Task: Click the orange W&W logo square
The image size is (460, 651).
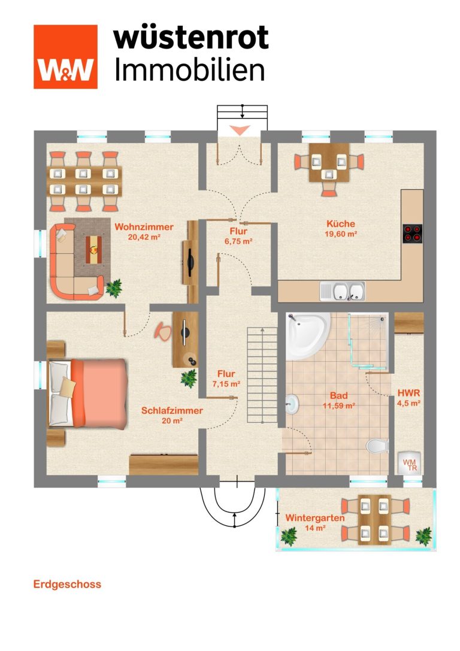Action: tap(66, 57)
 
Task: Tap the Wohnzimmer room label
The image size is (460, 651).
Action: tap(144, 227)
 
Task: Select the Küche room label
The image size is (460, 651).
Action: tap(341, 224)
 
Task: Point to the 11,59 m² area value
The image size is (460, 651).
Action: tap(339, 406)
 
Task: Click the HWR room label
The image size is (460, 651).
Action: tap(409, 393)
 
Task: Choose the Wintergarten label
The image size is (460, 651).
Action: tap(315, 518)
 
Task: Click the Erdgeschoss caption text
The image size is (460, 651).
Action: tap(67, 585)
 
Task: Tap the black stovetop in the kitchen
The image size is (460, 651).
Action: tap(412, 234)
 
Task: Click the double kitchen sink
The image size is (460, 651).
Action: tap(343, 291)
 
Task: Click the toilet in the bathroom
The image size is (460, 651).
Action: tap(377, 446)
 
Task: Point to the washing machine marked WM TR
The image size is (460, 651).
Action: tap(409, 463)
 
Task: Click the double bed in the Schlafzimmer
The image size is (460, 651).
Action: tap(87, 393)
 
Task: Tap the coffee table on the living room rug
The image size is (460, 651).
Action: tap(94, 249)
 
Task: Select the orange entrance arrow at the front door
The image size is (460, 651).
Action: tap(240, 130)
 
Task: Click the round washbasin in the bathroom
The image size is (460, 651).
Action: tap(292, 404)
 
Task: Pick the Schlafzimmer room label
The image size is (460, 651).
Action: tap(172, 411)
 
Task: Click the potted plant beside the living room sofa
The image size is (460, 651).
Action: tap(113, 287)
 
